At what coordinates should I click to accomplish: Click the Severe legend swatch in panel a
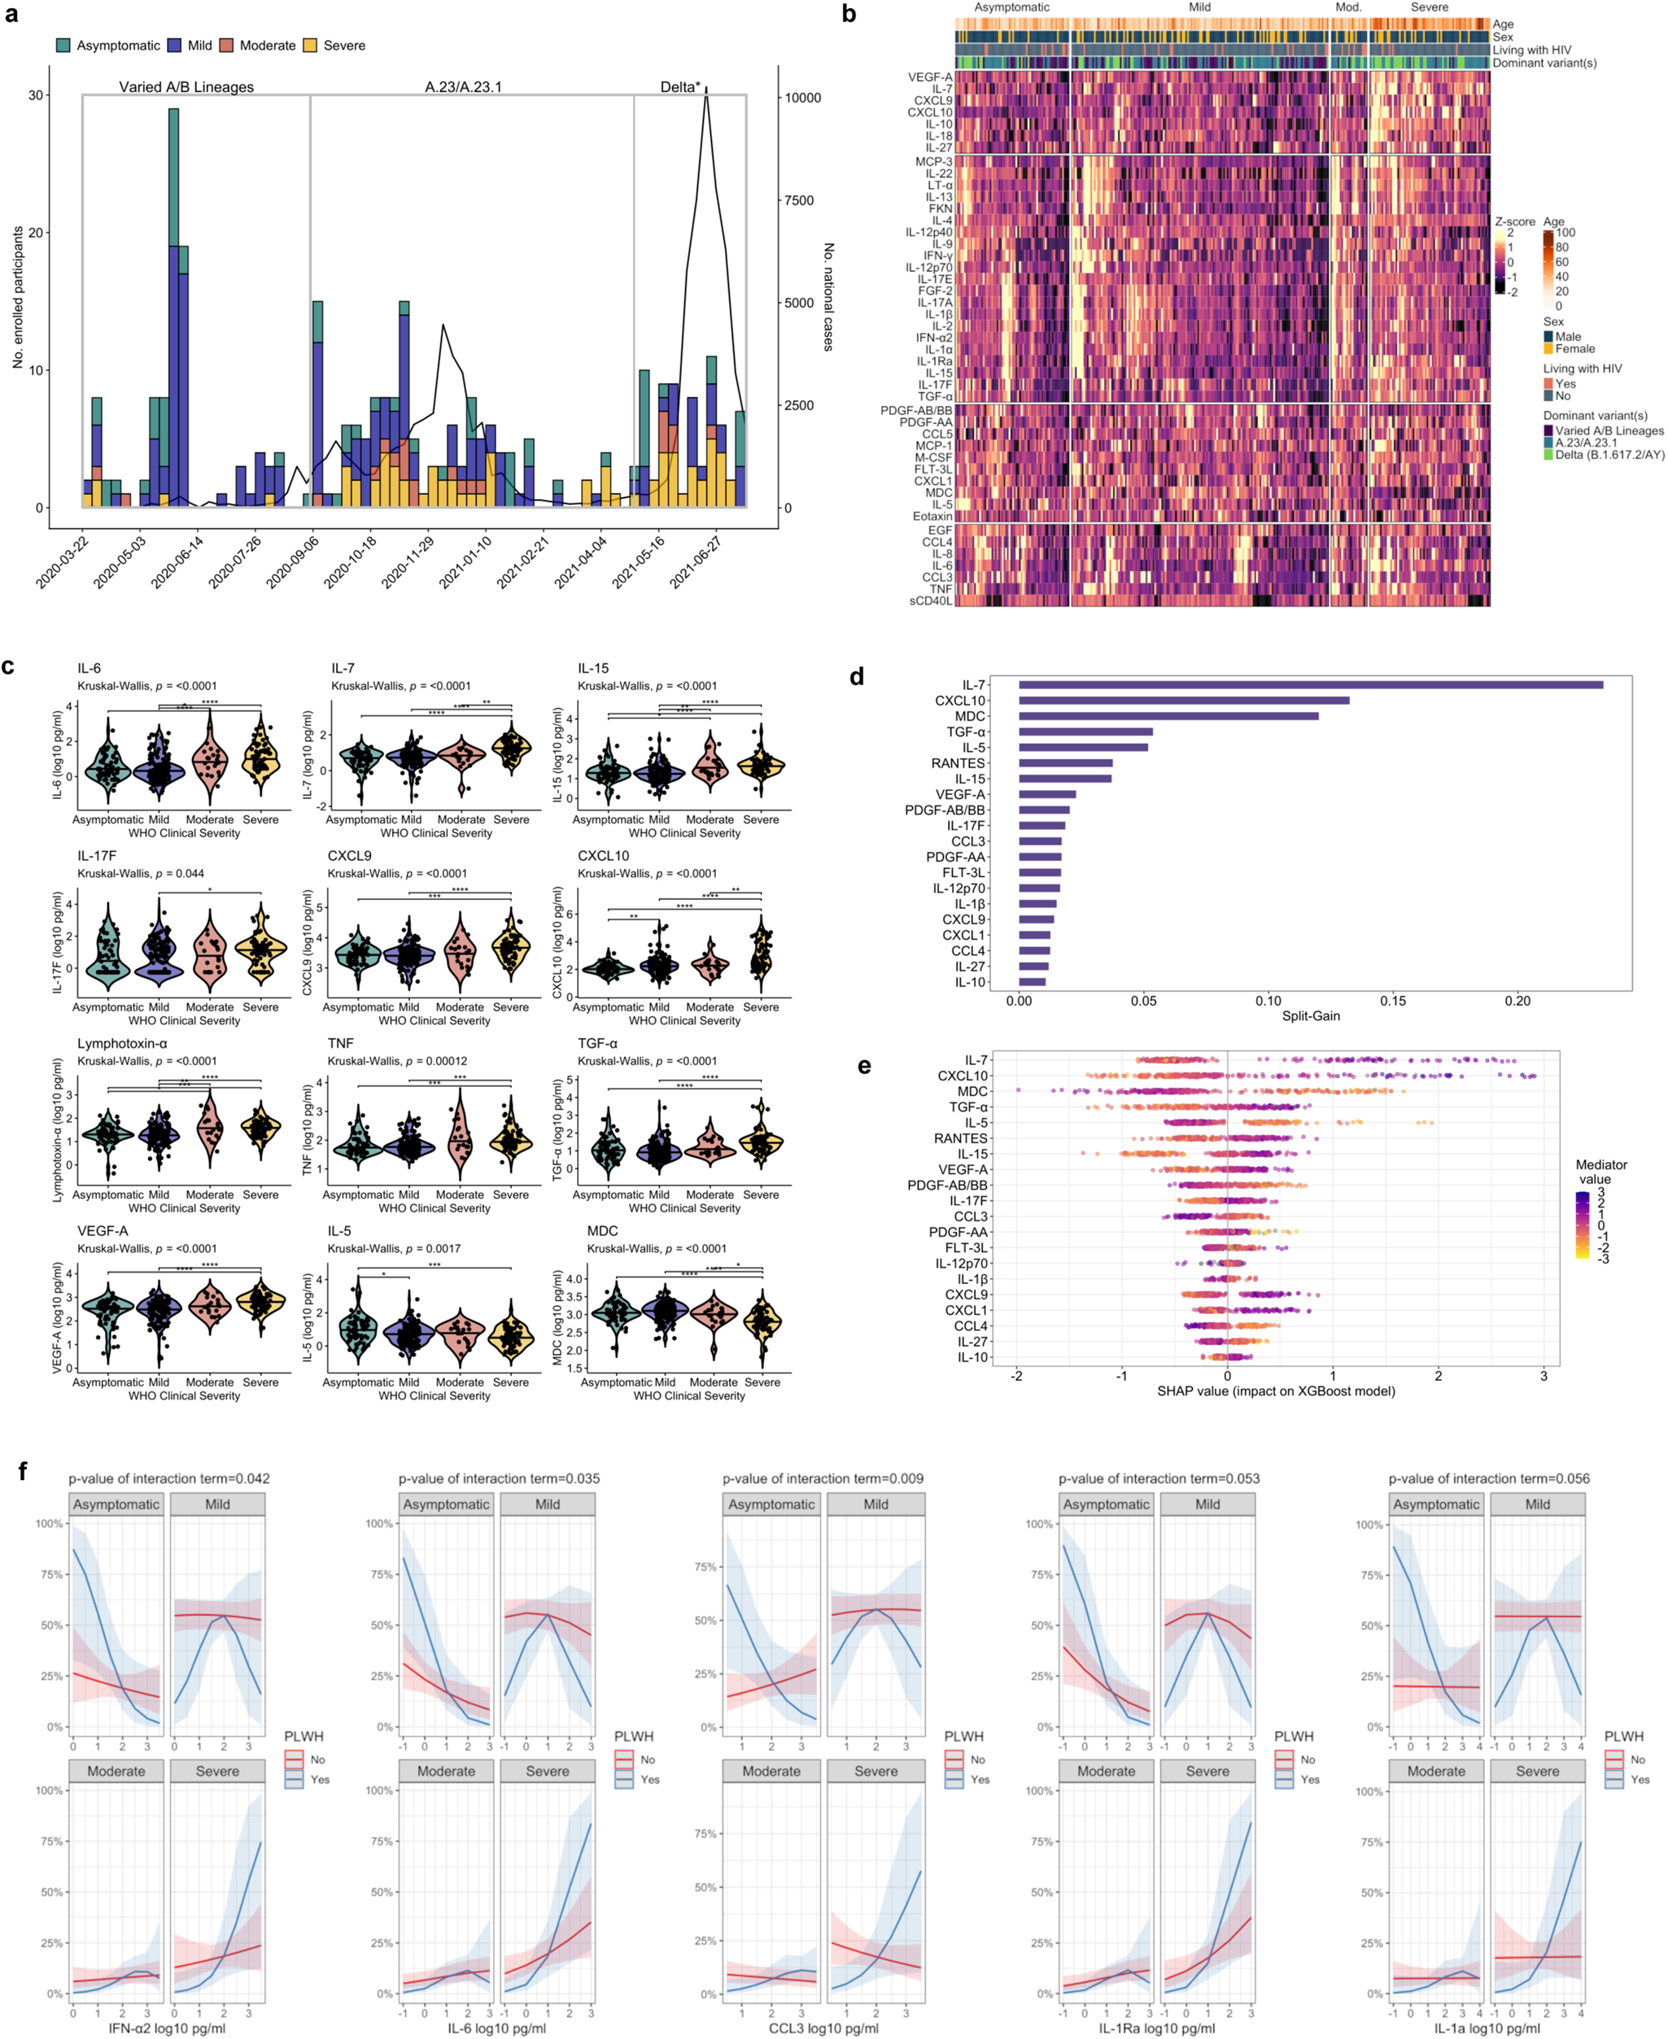[x=310, y=46]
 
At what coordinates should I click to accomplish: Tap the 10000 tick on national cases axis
[x=802, y=98]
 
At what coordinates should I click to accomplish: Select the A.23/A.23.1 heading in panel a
[x=463, y=86]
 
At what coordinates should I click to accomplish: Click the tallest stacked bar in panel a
[x=174, y=308]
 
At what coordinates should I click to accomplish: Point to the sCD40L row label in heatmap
[x=930, y=601]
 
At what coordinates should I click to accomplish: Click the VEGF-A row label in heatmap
[x=930, y=76]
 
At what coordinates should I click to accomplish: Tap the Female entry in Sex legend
[x=1574, y=349]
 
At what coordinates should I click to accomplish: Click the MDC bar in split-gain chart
[x=1168, y=716]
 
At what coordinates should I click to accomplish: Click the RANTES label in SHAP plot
[x=960, y=1138]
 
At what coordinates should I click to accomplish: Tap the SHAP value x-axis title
[x=1275, y=1391]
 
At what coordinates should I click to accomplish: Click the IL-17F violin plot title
[x=97, y=855]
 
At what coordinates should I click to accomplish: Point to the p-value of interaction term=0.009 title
[x=823, y=1478]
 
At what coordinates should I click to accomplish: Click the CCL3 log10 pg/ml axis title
[x=823, y=2028]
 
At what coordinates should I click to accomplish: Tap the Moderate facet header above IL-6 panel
[x=446, y=1771]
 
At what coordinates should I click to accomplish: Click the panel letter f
[x=22, y=1471]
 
